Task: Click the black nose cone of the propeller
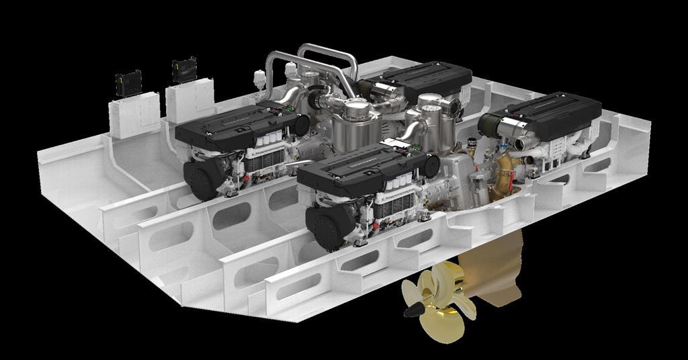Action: click(x=413, y=310)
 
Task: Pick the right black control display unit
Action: click(x=184, y=69)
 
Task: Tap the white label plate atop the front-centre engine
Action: click(x=396, y=143)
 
